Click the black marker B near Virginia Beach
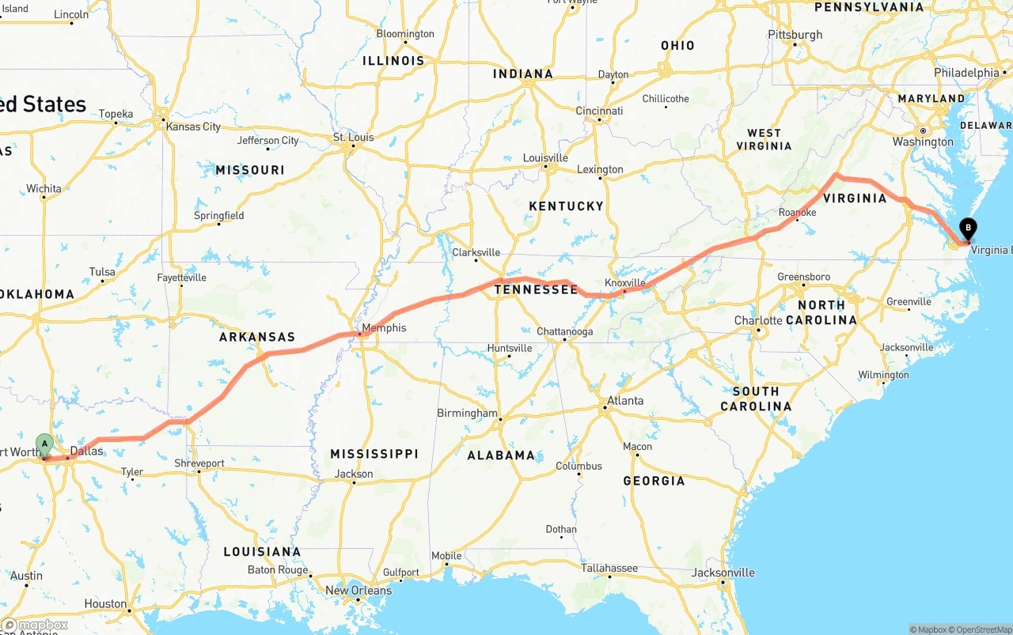pyautogui.click(x=968, y=229)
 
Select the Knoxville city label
pyautogui.click(x=625, y=282)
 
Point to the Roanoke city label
pyautogui.click(x=797, y=212)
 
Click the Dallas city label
pyautogui.click(x=86, y=451)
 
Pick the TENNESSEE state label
pyautogui.click(x=536, y=289)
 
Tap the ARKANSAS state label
pyautogui.click(x=257, y=337)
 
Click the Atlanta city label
pyautogui.click(x=625, y=400)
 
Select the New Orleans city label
pyautogui.click(x=359, y=590)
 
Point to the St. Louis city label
pyautogui.click(x=353, y=137)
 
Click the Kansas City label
pyautogui.click(x=193, y=127)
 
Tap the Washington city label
pyautogui.click(x=923, y=142)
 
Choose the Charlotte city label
pyautogui.click(x=758, y=320)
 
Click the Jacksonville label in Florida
pyautogui.click(x=723, y=573)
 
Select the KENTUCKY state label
pyautogui.click(x=566, y=206)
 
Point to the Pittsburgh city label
pyautogui.click(x=795, y=35)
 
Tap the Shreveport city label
pyautogui.click(x=199, y=463)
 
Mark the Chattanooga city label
pyautogui.click(x=564, y=331)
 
